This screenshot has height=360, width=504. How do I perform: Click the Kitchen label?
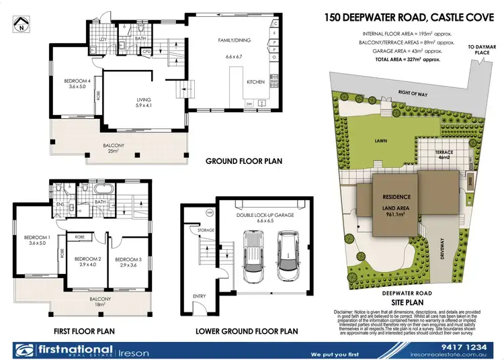coord(256,81)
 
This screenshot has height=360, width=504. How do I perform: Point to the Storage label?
coord(206,230)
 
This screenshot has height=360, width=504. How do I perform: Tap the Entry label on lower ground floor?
coord(200,296)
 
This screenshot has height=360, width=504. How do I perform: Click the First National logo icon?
coord(24,350)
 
